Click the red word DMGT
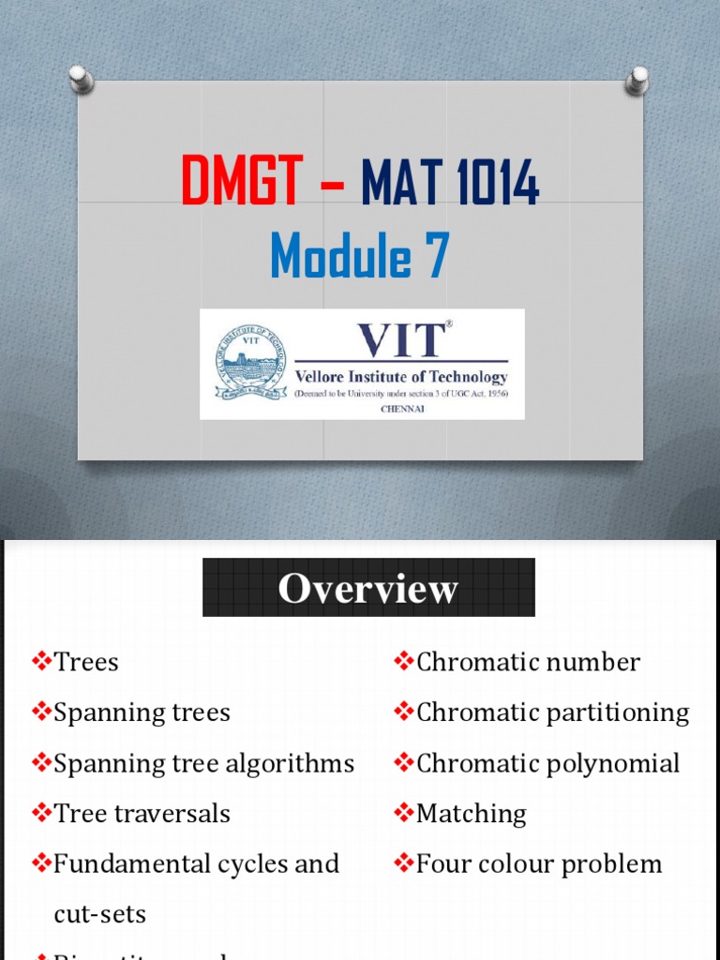(241, 183)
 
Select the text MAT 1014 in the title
(450, 183)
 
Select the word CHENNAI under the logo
(401, 409)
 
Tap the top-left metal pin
(82, 78)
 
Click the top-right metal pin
(638, 80)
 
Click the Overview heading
(368, 588)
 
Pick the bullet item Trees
(86, 662)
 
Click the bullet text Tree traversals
(142, 814)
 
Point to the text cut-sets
(100, 913)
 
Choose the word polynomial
(617, 763)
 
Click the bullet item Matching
(471, 814)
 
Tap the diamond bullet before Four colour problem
(404, 863)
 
